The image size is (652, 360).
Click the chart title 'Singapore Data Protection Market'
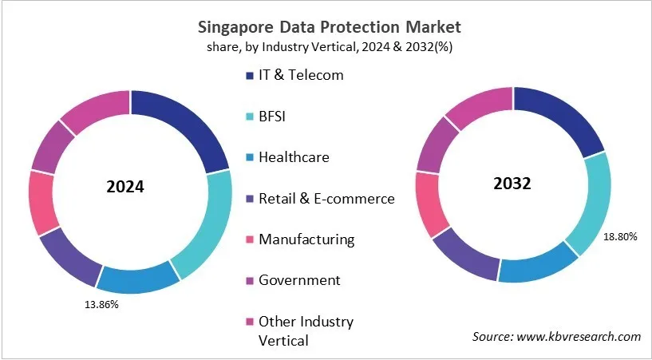point(326,27)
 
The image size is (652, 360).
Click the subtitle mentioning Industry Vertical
point(326,46)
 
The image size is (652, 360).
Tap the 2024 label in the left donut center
point(125,188)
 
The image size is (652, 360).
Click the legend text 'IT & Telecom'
point(300,75)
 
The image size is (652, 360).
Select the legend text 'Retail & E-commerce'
point(326,198)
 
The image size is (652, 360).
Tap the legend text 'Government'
point(298,279)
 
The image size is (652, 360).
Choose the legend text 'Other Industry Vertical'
point(305,330)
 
